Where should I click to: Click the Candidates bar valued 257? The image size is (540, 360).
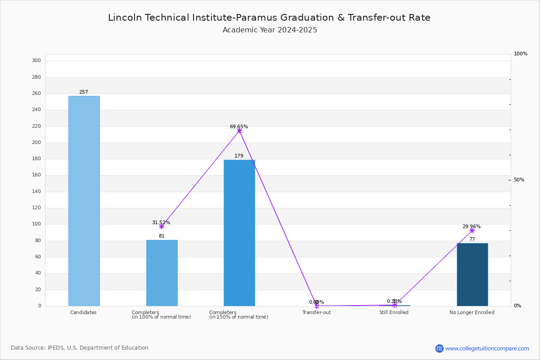[x=84, y=201]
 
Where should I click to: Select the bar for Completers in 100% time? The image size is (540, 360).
[x=162, y=273]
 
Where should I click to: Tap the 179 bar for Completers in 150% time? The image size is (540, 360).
[x=239, y=233]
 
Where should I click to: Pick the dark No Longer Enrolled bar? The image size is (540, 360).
[x=472, y=274]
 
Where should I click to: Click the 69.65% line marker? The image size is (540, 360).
[x=239, y=131]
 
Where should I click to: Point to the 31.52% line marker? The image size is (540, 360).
[x=162, y=226]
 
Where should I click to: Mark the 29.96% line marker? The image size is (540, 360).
[x=472, y=230]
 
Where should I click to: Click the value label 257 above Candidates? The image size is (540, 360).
[x=84, y=92]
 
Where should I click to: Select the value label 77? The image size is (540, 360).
[x=472, y=239]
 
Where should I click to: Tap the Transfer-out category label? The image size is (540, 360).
[x=316, y=313]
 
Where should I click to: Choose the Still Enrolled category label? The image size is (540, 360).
[x=394, y=313]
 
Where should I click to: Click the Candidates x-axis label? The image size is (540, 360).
[x=83, y=313]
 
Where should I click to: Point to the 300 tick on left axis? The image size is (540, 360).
[x=36, y=61]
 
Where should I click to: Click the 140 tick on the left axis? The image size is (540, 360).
[x=36, y=192]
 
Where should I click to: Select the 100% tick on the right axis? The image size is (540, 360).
[x=521, y=54]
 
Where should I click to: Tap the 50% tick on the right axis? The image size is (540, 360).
[x=519, y=180]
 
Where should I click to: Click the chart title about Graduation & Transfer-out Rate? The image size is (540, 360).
[x=269, y=18]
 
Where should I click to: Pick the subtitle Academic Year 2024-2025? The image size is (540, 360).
[x=270, y=30]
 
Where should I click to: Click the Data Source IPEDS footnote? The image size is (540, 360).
[x=80, y=348]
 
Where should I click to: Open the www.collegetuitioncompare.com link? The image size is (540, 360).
[x=487, y=348]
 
